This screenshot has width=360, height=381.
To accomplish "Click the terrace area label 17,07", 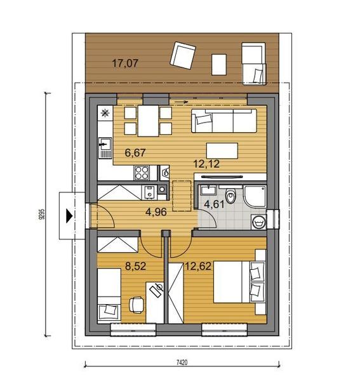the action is pyautogui.click(x=125, y=63).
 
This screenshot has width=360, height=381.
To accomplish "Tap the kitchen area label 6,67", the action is pyautogui.click(x=135, y=152).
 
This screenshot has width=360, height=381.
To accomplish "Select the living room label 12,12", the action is pyautogui.click(x=206, y=164).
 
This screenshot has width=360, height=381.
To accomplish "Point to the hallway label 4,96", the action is pyautogui.click(x=156, y=212).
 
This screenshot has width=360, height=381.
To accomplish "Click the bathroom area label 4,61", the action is pyautogui.click(x=214, y=204).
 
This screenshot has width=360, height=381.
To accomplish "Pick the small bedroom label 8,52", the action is pyautogui.click(x=135, y=266).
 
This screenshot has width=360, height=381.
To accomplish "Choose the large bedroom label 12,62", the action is pyautogui.click(x=198, y=266).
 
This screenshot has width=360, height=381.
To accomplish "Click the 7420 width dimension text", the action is pyautogui.click(x=182, y=363).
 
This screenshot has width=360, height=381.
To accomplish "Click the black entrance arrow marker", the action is pyautogui.click(x=69, y=216).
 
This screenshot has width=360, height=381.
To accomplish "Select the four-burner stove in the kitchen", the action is pyautogui.click(x=142, y=173).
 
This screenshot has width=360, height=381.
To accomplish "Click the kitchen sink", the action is pyautogui.click(x=105, y=148).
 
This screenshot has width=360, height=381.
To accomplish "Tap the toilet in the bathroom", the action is pyautogui.click(x=230, y=194).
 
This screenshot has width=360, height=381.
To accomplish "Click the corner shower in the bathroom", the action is pyautogui.click(x=255, y=196).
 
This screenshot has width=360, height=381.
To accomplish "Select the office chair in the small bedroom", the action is pyautogui.click(x=137, y=305).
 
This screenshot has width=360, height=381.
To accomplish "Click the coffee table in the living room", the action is pyautogui.click(x=222, y=150).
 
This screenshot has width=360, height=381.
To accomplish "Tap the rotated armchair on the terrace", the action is pyautogui.click(x=183, y=56).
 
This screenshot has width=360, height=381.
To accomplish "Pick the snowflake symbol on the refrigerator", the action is pyautogui.click(x=105, y=113).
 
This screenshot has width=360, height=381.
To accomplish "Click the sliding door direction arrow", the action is pyautogui.click(x=182, y=102).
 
